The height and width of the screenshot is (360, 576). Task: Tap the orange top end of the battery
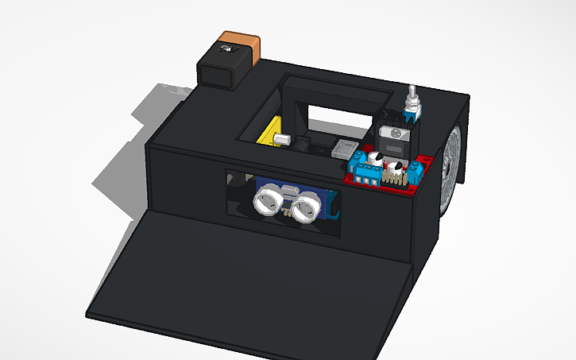(241, 40)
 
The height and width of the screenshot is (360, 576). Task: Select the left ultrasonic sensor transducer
(267, 198)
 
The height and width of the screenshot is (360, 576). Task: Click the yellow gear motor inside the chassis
(275, 130)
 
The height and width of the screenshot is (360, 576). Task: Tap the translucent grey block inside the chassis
(345, 149)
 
